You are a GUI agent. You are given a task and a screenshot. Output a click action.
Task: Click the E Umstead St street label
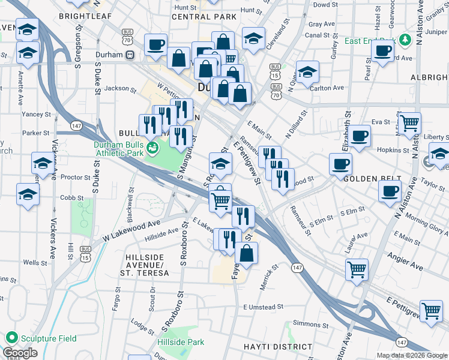262,307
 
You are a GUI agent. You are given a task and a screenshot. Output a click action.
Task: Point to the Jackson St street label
121,88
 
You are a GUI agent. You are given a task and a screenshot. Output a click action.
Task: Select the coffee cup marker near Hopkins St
360,136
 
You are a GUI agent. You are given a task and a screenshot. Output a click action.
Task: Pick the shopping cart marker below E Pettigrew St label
431,311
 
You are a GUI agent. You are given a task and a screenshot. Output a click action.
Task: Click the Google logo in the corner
20,353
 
